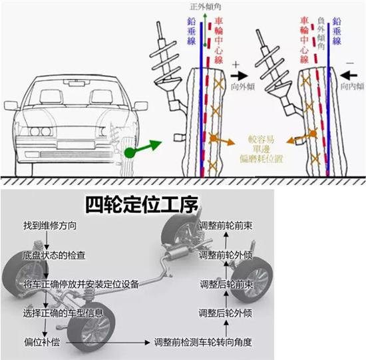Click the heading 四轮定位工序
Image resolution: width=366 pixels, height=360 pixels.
pyautogui.click(x=142, y=205)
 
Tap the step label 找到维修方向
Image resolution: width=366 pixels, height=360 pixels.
pyautogui.click(x=50, y=226)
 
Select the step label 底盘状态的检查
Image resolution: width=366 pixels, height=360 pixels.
pyautogui.click(x=54, y=256)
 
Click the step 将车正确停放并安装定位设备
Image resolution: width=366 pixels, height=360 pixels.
pyautogui.click(x=81, y=284)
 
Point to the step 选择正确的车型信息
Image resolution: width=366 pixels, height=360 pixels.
pyautogui.click(x=63, y=313)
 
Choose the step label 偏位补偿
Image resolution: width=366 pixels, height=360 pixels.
pyautogui.click(x=42, y=342)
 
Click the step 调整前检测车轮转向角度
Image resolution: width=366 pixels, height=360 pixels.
pyautogui.click(x=203, y=342)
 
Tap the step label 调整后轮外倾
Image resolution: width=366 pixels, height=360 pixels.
pyautogui.click(x=226, y=313)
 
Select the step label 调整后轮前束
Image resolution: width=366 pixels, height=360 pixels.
pyautogui.click(x=226, y=284)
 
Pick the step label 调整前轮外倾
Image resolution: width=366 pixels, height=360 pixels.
pyautogui.click(x=226, y=255)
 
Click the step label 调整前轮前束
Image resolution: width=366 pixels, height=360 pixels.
pyautogui.click(x=226, y=226)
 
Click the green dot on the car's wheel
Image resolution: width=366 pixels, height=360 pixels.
pyautogui.click(x=130, y=153)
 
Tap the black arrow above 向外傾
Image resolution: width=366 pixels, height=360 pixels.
pyautogui.click(x=240, y=75)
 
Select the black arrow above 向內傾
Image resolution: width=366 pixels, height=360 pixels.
pyautogui.click(x=349, y=75)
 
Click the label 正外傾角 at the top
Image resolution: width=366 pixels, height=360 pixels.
pyautogui.click(x=206, y=7)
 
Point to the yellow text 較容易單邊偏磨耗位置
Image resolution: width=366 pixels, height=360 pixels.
pyautogui.click(x=262, y=150)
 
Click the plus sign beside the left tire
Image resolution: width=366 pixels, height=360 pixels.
pyautogui.click(x=236, y=64)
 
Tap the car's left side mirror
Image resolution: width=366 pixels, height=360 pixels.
pyautogui.click(x=11, y=106)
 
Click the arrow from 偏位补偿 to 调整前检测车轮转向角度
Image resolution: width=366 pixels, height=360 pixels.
pyautogui.click(x=108, y=343)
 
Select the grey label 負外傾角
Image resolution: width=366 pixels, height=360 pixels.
pyautogui.click(x=321, y=33)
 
